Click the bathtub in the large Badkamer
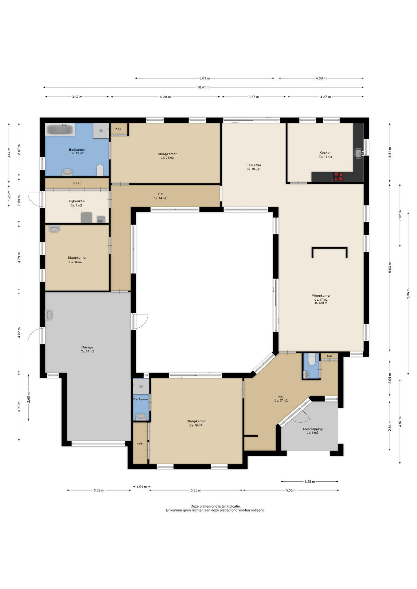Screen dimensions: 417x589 click(60, 129)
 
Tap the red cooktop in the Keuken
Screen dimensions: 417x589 click(338, 176)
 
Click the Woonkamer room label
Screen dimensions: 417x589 click(321, 296)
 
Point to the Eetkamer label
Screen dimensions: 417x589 click(254, 165)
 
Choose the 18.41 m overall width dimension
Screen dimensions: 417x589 click(203, 87)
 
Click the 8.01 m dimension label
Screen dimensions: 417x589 click(204, 78)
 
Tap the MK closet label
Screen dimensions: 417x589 click(329, 356)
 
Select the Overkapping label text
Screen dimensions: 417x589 click(313, 429)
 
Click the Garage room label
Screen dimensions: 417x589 click(87, 347)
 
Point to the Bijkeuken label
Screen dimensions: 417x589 click(77, 201)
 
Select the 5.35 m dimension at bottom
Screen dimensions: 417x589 click(196, 490)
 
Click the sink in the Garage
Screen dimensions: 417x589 click(49, 315)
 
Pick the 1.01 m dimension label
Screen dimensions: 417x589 click(142, 487)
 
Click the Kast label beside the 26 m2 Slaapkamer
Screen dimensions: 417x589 click(140, 443)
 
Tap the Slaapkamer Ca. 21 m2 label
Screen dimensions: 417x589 click(167, 156)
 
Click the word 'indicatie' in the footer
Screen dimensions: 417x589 click(233, 506)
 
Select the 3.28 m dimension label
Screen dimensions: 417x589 click(310, 481)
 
